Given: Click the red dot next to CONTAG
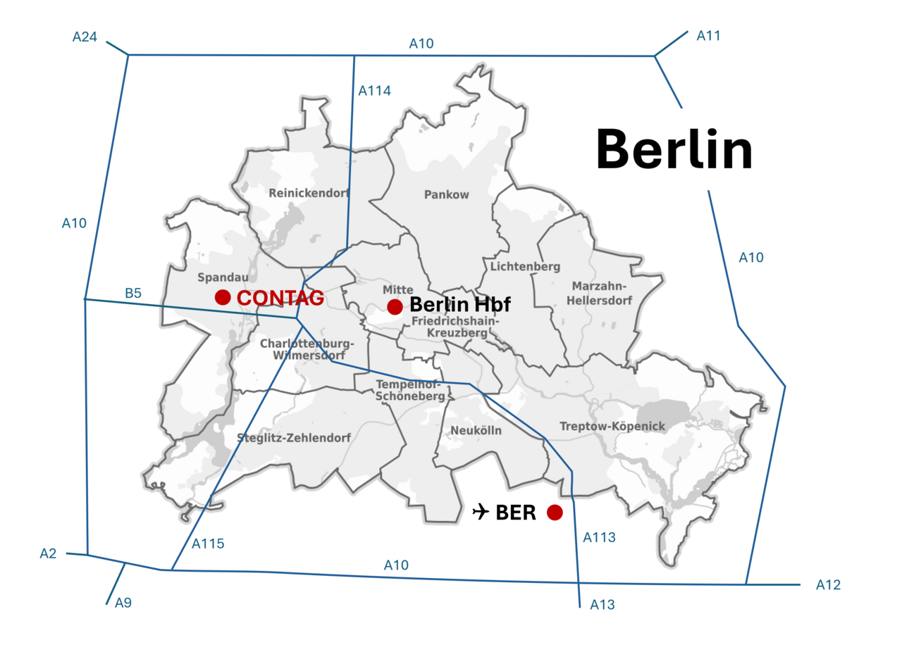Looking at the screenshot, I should [223, 298].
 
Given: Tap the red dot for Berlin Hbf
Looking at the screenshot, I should [395, 306].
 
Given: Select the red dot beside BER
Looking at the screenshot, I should [555, 513].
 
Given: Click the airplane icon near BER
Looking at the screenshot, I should [481, 512].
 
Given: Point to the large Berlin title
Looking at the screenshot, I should [674, 150].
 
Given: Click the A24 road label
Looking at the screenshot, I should [85, 37].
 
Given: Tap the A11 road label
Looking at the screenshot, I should [708, 35].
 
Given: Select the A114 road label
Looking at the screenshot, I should [374, 91].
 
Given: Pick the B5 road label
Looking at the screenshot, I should [133, 292].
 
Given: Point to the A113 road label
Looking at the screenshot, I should [599, 537].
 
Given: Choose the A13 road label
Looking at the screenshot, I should [603, 604].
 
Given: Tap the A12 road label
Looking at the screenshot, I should [828, 585].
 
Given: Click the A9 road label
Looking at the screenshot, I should [123, 603].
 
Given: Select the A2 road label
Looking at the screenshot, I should [47, 554].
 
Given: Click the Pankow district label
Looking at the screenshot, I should [446, 195].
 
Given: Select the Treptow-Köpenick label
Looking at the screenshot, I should [612, 426].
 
